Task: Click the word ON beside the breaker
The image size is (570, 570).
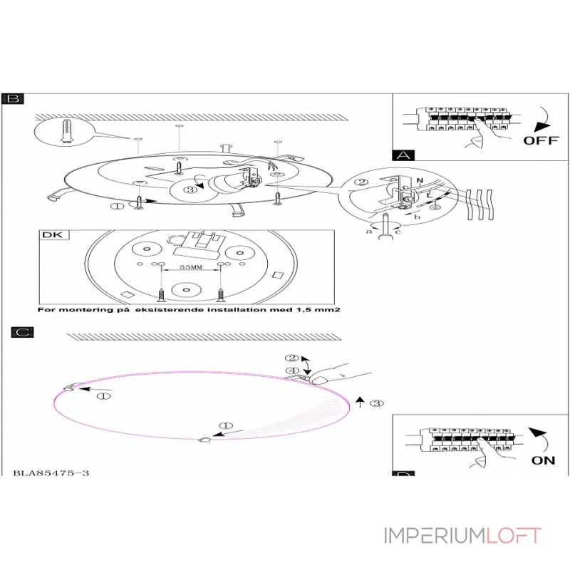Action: pos(543,460)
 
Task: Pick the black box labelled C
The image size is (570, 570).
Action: pos(22,332)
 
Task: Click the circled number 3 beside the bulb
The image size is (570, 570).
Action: pos(190,190)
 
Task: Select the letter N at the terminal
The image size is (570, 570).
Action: pos(419,182)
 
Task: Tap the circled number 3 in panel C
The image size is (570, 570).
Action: pos(378,403)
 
